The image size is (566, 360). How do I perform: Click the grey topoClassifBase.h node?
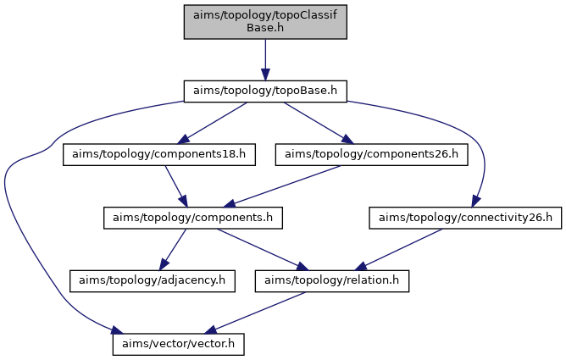(x=265, y=22)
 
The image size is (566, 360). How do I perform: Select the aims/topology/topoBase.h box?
(x=265, y=91)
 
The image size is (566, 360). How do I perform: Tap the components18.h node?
(x=159, y=155)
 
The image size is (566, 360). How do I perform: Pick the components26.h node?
(x=371, y=155)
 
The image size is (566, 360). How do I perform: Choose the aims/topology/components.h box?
(x=192, y=218)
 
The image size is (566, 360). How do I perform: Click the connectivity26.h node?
(x=465, y=218)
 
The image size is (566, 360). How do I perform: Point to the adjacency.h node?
(x=153, y=281)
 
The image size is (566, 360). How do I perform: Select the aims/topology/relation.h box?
(x=332, y=281)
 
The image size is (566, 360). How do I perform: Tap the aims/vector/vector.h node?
(x=178, y=344)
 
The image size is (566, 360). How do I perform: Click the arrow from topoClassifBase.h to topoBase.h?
(x=265, y=60)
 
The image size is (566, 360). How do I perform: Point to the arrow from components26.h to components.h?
(x=282, y=186)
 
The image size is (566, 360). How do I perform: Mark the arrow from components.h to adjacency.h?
(x=173, y=249)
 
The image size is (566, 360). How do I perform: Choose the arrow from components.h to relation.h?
(x=263, y=249)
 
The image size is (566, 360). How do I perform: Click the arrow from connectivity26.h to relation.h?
(x=398, y=249)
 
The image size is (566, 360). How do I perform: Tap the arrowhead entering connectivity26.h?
(x=475, y=202)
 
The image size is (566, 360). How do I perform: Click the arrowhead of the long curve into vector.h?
(x=117, y=330)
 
